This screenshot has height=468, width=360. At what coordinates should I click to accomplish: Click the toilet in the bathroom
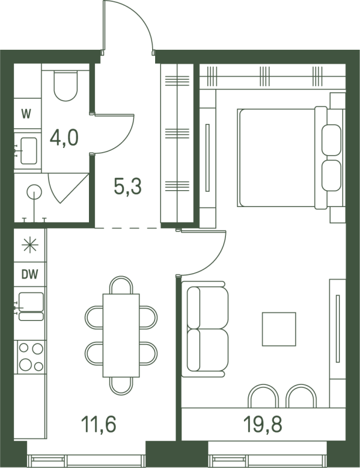click(x=66, y=85)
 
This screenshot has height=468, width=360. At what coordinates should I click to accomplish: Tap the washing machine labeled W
click(x=28, y=113)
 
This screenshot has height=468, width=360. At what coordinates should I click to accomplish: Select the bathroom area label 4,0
click(x=64, y=138)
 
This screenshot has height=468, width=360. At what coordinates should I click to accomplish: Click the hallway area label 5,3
click(x=128, y=185)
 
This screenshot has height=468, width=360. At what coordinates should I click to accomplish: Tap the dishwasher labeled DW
click(x=30, y=274)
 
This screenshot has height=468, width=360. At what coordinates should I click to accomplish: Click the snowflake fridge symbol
click(x=30, y=245)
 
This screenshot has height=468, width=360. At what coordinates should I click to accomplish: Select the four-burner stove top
click(x=31, y=357)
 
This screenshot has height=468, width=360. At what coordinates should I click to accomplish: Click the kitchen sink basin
click(x=32, y=302)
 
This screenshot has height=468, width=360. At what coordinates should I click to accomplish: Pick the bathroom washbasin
click(x=29, y=151)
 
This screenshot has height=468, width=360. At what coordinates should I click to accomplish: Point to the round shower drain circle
click(x=34, y=192)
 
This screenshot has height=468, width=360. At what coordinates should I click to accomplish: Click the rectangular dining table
click(x=121, y=335)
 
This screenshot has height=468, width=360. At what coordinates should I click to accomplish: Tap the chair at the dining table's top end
click(x=121, y=285)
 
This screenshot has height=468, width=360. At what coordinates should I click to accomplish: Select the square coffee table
click(x=279, y=329)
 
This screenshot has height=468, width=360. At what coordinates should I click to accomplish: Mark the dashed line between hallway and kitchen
click(x=128, y=228)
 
